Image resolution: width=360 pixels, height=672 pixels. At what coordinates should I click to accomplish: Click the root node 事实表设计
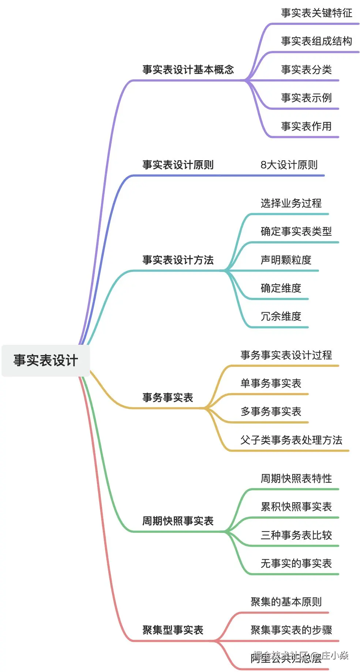[x=46, y=361]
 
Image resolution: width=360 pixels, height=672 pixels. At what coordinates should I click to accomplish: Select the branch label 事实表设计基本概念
[x=188, y=70]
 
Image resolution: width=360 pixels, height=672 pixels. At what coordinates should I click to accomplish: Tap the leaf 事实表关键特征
[x=316, y=13]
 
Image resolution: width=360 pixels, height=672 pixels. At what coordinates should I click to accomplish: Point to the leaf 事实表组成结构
[x=316, y=41]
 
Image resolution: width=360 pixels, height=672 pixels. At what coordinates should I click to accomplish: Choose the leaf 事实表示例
[x=306, y=98]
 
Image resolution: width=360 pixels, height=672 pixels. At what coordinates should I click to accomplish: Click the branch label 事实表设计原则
[x=178, y=165]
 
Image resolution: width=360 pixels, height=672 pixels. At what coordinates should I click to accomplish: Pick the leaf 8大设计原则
[x=289, y=165]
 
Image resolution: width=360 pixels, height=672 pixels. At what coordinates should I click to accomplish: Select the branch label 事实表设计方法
[x=178, y=260]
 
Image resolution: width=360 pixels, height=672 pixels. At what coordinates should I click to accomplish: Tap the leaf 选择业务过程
[x=291, y=203]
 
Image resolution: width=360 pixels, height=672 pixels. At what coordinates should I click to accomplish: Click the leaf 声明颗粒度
[x=286, y=260]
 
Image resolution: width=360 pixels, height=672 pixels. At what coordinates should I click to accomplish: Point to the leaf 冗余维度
[x=281, y=316]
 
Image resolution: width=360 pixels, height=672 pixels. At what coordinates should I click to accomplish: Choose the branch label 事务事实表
[x=168, y=397]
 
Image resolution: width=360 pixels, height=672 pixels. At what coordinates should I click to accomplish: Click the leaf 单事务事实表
[x=271, y=383]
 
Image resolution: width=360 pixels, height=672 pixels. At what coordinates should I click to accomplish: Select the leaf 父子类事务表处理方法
[x=291, y=440]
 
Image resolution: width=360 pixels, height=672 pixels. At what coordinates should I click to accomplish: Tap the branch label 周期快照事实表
[x=178, y=521]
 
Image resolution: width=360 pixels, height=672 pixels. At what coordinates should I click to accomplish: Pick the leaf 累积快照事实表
[x=296, y=507]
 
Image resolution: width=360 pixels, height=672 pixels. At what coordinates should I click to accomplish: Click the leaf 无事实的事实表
[x=296, y=563]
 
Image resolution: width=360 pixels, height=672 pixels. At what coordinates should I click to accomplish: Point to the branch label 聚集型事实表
[x=173, y=630]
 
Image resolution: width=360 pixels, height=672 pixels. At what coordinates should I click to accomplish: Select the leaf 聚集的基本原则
[x=286, y=602]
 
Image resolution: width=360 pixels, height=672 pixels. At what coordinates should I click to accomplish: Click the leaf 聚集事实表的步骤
[x=291, y=630]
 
